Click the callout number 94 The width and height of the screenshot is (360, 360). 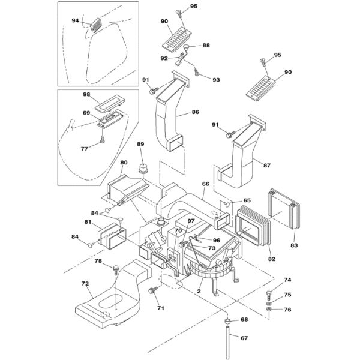click(76, 20)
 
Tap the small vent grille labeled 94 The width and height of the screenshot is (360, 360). click(96, 25)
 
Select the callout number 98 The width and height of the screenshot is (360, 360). click(86, 94)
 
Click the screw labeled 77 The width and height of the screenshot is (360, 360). click(102, 139)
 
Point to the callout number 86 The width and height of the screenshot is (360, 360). click(196, 112)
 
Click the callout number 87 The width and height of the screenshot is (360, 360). click(267, 166)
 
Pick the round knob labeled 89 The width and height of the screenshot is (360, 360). click(143, 169)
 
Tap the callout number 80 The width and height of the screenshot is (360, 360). click(124, 163)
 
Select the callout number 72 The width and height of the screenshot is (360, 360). click(85, 284)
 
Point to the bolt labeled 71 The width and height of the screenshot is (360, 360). click(152, 290)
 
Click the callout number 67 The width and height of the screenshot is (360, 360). click(244, 338)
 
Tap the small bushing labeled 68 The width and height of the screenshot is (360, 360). click(227, 321)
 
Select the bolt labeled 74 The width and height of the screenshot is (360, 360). click(269, 295)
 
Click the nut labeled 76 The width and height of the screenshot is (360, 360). click(269, 309)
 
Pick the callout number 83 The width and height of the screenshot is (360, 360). click(294, 245)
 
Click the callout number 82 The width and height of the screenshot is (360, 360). click(272, 259)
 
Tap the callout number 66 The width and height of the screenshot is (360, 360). click(206, 184)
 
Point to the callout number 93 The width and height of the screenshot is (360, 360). click(216, 80)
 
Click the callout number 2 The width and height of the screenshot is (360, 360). click(199, 292)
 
